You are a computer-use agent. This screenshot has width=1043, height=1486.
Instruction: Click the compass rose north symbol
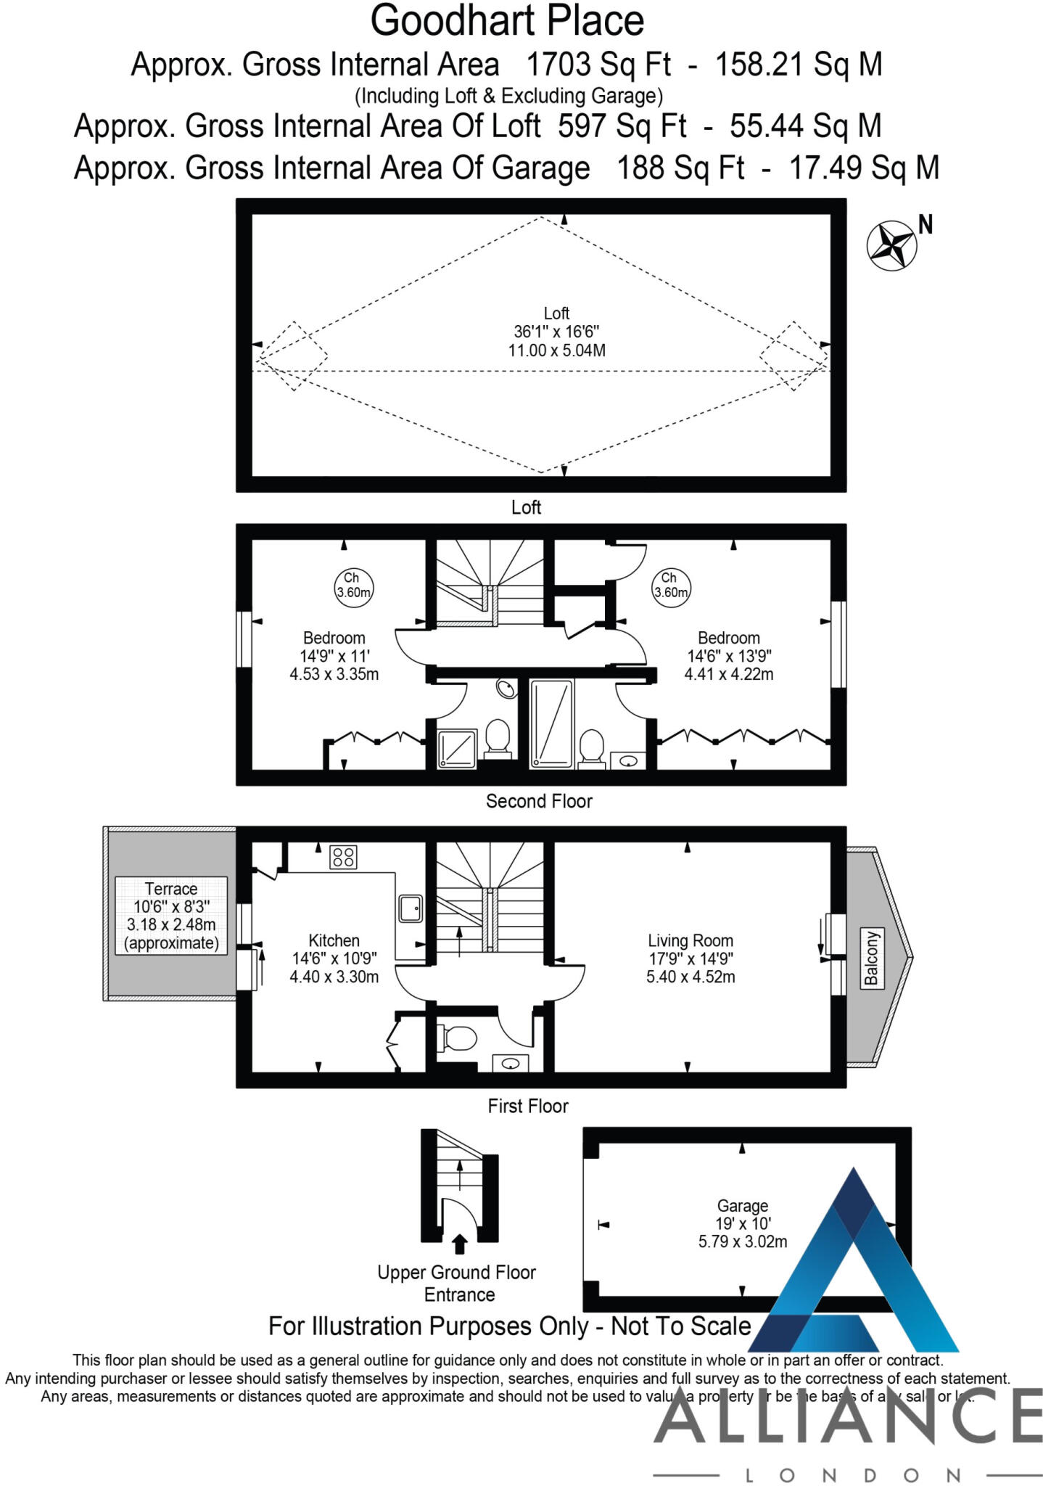pyautogui.click(x=891, y=245)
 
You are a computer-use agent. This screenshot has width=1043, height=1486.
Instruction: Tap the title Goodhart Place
pyautogui.click(x=507, y=20)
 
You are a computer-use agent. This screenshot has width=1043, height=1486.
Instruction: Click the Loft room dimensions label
pyautogui.click(x=556, y=332)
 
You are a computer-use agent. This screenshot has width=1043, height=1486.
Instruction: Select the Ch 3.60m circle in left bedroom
pyautogui.click(x=353, y=585)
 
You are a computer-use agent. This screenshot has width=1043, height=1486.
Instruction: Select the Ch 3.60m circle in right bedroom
pyautogui.click(x=670, y=585)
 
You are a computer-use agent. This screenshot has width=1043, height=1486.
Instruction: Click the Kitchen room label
pyautogui.click(x=334, y=940)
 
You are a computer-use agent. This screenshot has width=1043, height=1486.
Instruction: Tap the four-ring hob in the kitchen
pyautogui.click(x=343, y=857)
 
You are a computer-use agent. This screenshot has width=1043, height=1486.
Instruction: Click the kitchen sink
pyautogui.click(x=411, y=908)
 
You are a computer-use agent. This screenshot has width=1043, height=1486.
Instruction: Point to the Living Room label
pyautogui.click(x=690, y=941)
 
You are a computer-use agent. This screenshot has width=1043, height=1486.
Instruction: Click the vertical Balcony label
pyautogui.click(x=871, y=957)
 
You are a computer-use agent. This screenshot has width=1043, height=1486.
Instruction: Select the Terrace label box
pyautogui.click(x=171, y=916)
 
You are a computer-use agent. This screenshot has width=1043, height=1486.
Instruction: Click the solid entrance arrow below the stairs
pyautogui.click(x=459, y=1244)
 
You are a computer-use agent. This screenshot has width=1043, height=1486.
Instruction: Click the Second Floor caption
pyautogui.click(x=539, y=801)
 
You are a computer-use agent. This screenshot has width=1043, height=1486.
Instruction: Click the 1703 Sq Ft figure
pyautogui.click(x=598, y=65)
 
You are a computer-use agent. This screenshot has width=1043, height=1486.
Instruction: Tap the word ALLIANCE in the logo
pyautogui.click(x=849, y=1416)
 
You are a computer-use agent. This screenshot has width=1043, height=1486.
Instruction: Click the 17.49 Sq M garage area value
pyautogui.click(x=863, y=168)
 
